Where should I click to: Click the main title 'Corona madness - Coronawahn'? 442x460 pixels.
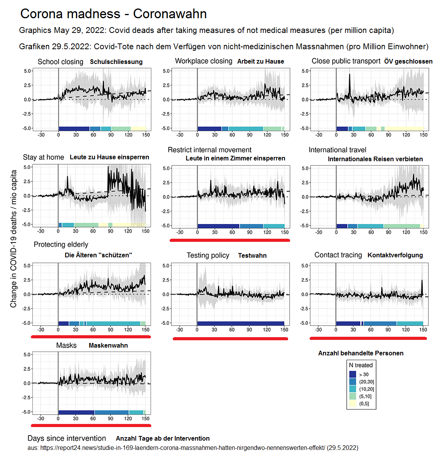(113, 14)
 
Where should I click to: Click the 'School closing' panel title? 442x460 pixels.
(60, 62)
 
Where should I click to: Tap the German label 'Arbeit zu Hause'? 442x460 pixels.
(261, 62)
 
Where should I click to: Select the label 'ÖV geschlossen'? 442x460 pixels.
(408, 62)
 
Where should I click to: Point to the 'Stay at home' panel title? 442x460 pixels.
(43, 157)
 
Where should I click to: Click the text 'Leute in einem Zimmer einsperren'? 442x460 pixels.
(235, 159)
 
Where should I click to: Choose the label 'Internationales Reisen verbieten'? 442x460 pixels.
(375, 159)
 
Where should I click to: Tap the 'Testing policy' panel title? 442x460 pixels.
(208, 255)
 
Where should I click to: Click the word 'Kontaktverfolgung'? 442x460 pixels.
(395, 255)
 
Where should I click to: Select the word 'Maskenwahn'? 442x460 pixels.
(108, 346)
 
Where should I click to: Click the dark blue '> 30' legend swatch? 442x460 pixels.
(352, 374)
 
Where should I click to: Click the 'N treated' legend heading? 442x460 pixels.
(361, 365)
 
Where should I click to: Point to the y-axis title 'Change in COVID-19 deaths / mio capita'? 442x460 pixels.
(14, 239)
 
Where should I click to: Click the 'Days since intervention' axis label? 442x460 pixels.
(67, 438)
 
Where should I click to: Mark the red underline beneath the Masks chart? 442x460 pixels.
(91, 425)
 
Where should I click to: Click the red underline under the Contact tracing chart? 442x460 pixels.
(368, 338)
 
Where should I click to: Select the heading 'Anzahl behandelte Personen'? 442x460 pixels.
(361, 353)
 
